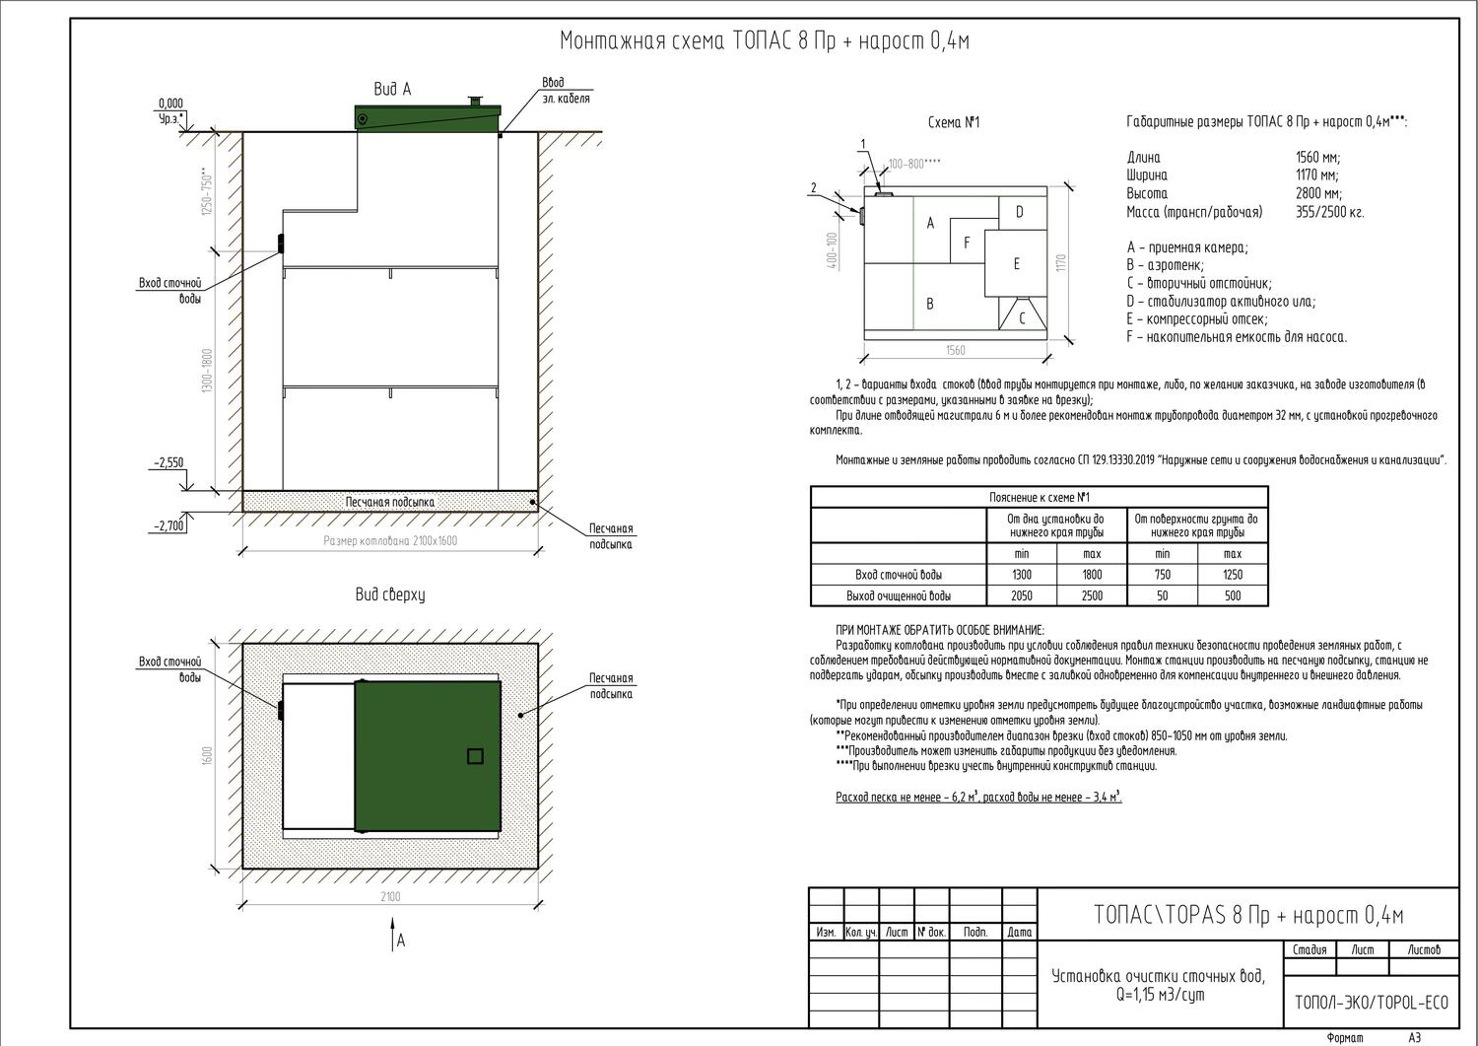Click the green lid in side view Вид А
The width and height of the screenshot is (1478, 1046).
pyautogui.click(x=428, y=118)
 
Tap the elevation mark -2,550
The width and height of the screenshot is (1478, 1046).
pyautogui.click(x=168, y=463)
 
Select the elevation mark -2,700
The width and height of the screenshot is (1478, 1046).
pyautogui.click(x=168, y=526)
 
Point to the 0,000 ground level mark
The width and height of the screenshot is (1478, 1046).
pyautogui.click(x=170, y=104)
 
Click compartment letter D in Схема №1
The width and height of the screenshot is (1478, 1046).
pyautogui.click(x=1020, y=212)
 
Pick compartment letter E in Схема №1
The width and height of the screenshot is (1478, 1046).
pyautogui.click(x=1016, y=264)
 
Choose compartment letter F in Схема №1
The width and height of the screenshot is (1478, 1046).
pyautogui.click(x=967, y=243)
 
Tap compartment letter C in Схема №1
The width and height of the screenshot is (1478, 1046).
pyautogui.click(x=1022, y=318)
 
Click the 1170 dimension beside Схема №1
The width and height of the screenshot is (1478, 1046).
pyautogui.click(x=1061, y=263)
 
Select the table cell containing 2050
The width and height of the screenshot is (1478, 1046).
pyautogui.click(x=1022, y=595)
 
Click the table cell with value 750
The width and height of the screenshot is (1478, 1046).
pyautogui.click(x=1163, y=575)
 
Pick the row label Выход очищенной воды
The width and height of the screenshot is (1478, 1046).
pyautogui.click(x=899, y=595)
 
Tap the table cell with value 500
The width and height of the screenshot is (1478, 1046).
pyautogui.click(x=1233, y=595)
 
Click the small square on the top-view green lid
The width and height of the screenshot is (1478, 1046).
pyautogui.click(x=475, y=756)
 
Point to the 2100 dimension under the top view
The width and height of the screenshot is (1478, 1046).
pyautogui.click(x=390, y=896)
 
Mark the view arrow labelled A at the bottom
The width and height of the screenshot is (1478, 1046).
pyautogui.click(x=392, y=934)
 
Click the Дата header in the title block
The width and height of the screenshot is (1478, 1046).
pyautogui.click(x=1020, y=933)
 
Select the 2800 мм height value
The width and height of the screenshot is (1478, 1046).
pyautogui.click(x=1318, y=193)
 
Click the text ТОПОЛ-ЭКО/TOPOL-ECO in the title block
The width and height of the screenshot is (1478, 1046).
pyautogui.click(x=1372, y=1003)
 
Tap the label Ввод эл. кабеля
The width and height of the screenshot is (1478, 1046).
pyautogui.click(x=567, y=91)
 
